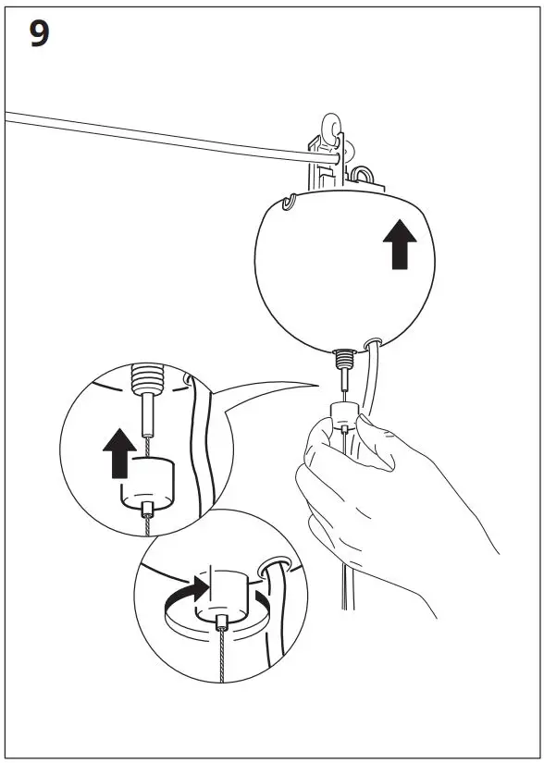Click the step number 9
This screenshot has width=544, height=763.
pos(40,34)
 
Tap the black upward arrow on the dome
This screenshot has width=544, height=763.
pos(400,243)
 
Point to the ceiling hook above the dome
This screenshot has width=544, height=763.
pos(331,129)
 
